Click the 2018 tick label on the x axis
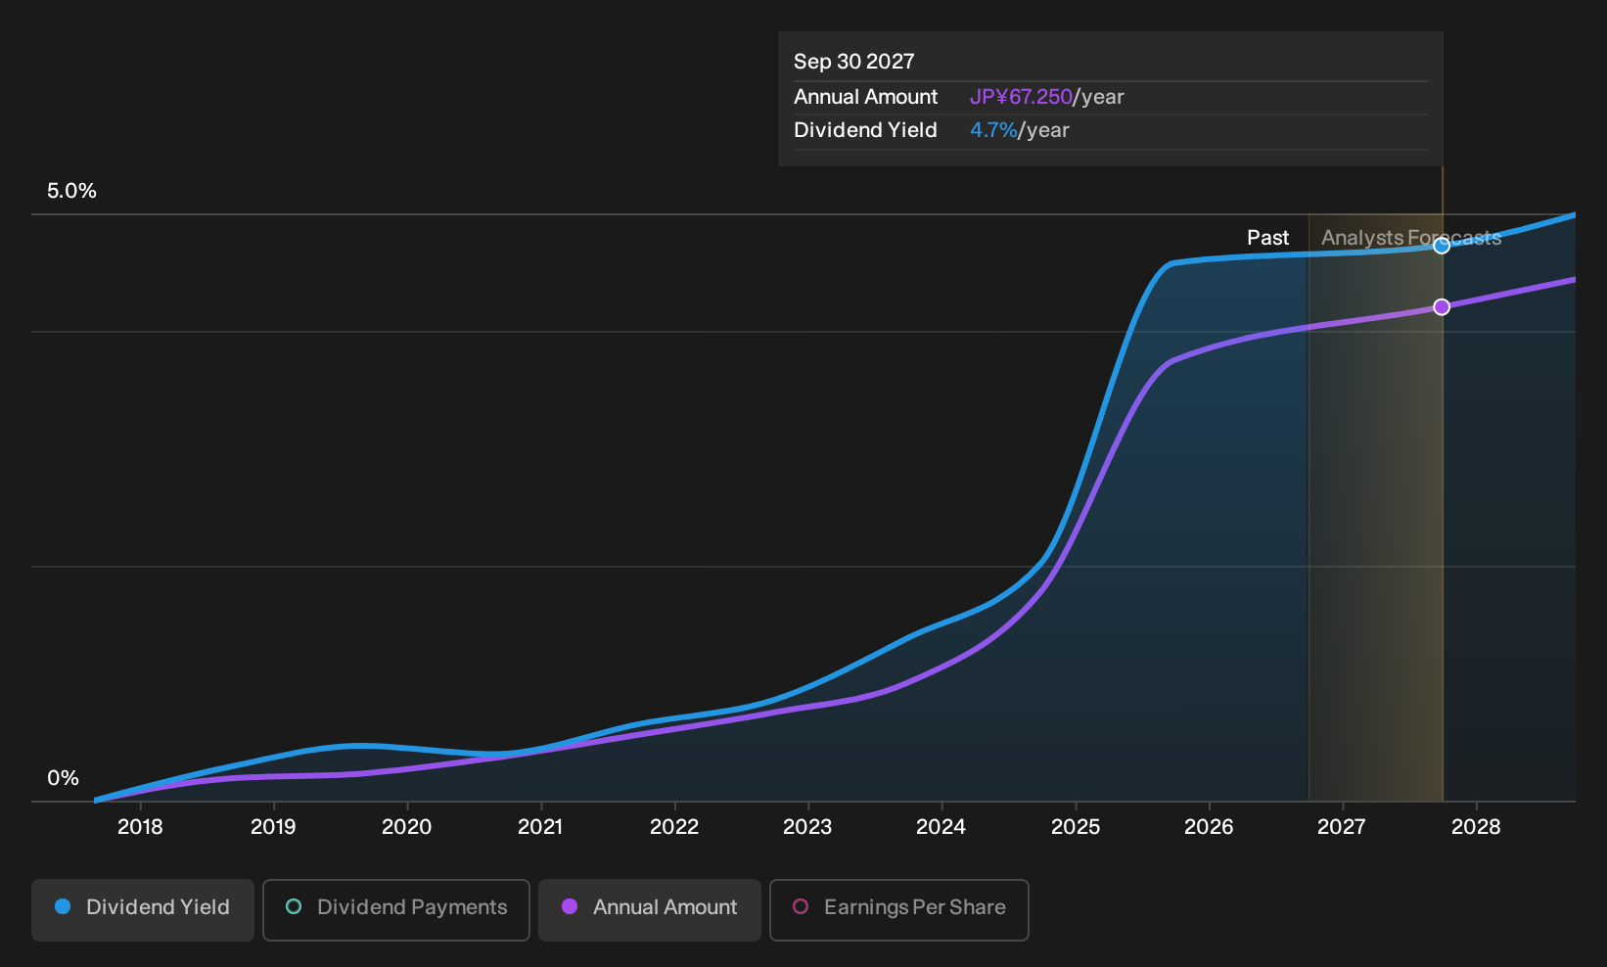point(140,827)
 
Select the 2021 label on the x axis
point(540,827)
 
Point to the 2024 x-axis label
point(941,827)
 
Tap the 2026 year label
point(1209,827)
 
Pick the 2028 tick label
point(1477,827)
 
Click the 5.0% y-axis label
point(71,191)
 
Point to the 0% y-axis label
point(64,778)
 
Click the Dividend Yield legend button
point(143,909)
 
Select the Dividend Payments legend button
point(396,909)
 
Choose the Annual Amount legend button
point(649,909)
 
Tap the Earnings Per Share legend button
point(898,909)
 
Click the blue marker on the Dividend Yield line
point(1442,246)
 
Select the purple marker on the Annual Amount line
point(1442,307)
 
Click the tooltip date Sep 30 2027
point(853,62)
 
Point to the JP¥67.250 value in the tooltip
point(1021,97)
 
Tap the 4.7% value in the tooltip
point(993,130)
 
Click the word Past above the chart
point(1267,238)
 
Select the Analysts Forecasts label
point(1411,238)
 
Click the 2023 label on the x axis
point(807,827)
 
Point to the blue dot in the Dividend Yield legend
point(64,906)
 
